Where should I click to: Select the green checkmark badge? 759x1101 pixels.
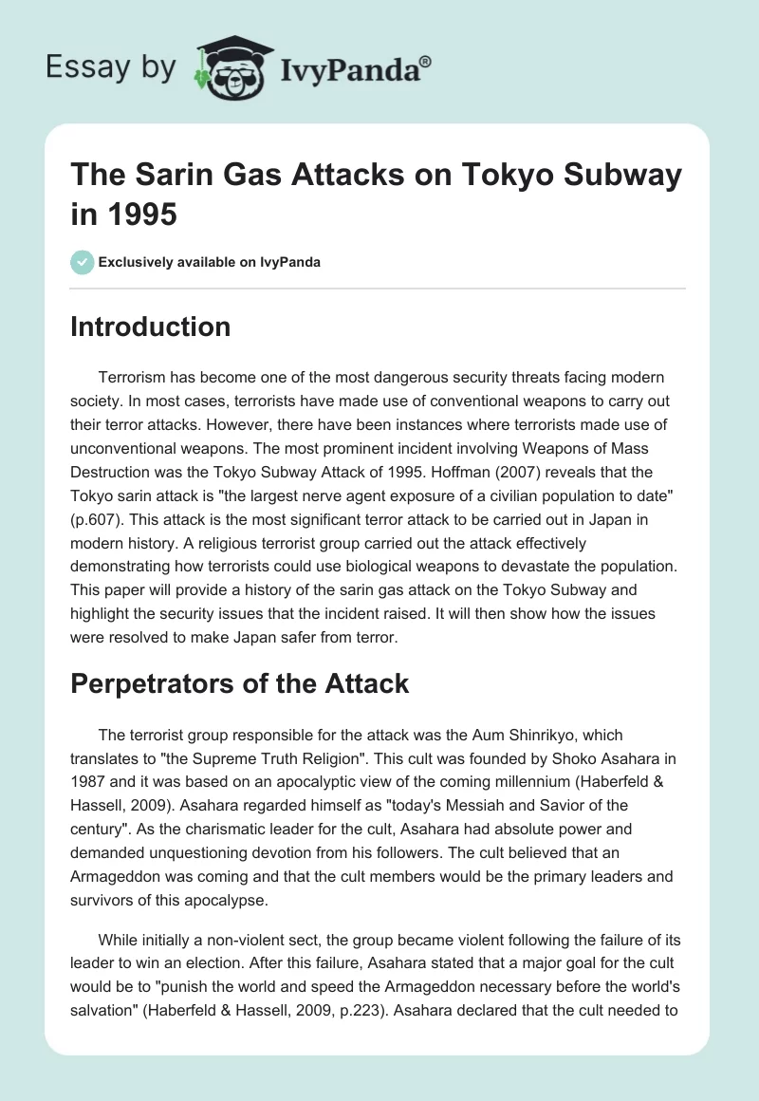[x=82, y=262]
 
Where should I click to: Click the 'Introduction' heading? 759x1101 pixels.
[x=150, y=327]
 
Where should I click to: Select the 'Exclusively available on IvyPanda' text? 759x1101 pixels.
[x=209, y=263]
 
